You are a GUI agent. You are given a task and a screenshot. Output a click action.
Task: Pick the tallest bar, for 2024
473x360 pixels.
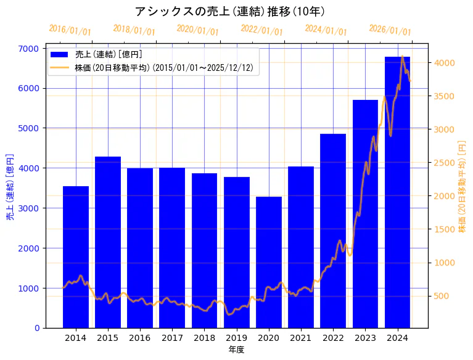397,192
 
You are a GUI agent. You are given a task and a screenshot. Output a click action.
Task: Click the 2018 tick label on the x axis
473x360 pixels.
204,338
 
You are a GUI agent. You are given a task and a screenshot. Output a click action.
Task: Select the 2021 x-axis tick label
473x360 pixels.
301,338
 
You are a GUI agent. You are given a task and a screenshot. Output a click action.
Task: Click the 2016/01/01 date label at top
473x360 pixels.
70,30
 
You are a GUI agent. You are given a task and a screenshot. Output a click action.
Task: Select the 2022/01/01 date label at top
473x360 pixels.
262,30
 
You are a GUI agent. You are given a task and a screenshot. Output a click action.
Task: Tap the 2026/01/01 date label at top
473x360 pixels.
390,30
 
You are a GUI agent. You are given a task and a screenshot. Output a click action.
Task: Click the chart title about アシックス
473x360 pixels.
229,11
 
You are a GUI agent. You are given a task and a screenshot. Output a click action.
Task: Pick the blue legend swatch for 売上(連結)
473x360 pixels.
60,54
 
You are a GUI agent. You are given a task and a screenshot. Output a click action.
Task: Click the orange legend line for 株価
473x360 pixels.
60,67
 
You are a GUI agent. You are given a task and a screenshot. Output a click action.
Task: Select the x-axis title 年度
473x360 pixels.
236,350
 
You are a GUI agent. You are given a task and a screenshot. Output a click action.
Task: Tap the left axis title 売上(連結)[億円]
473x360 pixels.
9,187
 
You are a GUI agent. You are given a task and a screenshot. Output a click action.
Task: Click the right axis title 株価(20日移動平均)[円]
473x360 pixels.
462,187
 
